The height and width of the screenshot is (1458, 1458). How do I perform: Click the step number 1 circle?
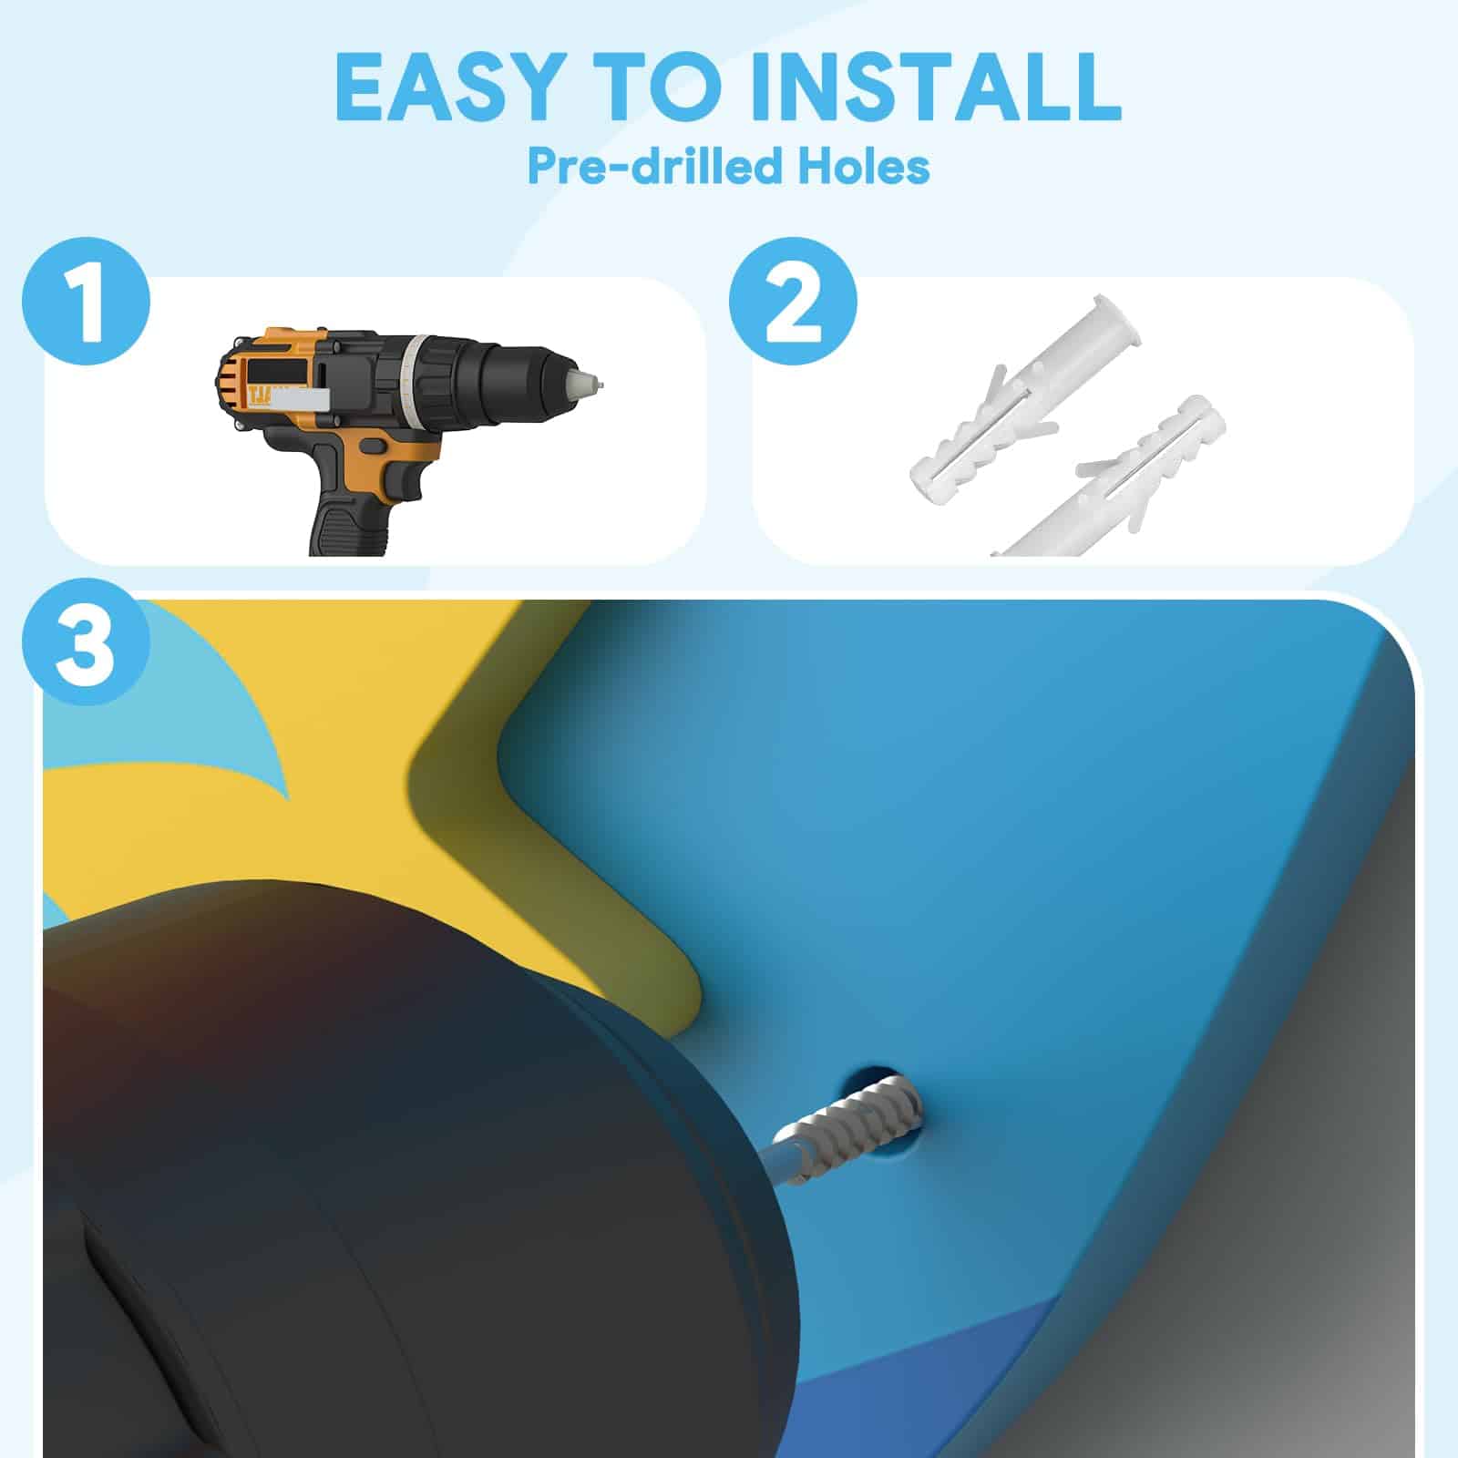coord(87,301)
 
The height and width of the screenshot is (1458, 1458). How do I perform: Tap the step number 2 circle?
coord(794,301)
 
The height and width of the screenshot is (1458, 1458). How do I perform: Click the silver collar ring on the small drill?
coord(415,382)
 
